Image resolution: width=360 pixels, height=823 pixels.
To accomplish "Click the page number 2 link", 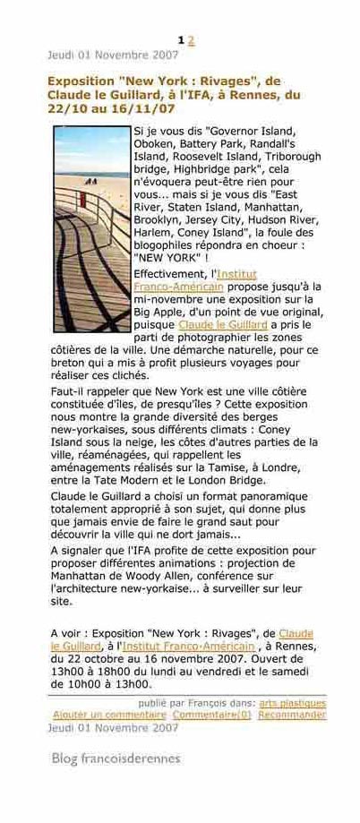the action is pyautogui.click(x=192, y=40).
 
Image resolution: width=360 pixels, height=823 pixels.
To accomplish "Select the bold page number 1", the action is pyautogui.click(x=182, y=40).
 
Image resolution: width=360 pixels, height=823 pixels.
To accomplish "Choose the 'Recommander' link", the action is pyautogui.click(x=292, y=715).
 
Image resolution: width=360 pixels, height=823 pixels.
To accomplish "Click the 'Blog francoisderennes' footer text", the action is pyautogui.click(x=116, y=758).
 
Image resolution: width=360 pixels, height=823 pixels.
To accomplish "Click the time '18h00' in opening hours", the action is pyautogui.click(x=117, y=672).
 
